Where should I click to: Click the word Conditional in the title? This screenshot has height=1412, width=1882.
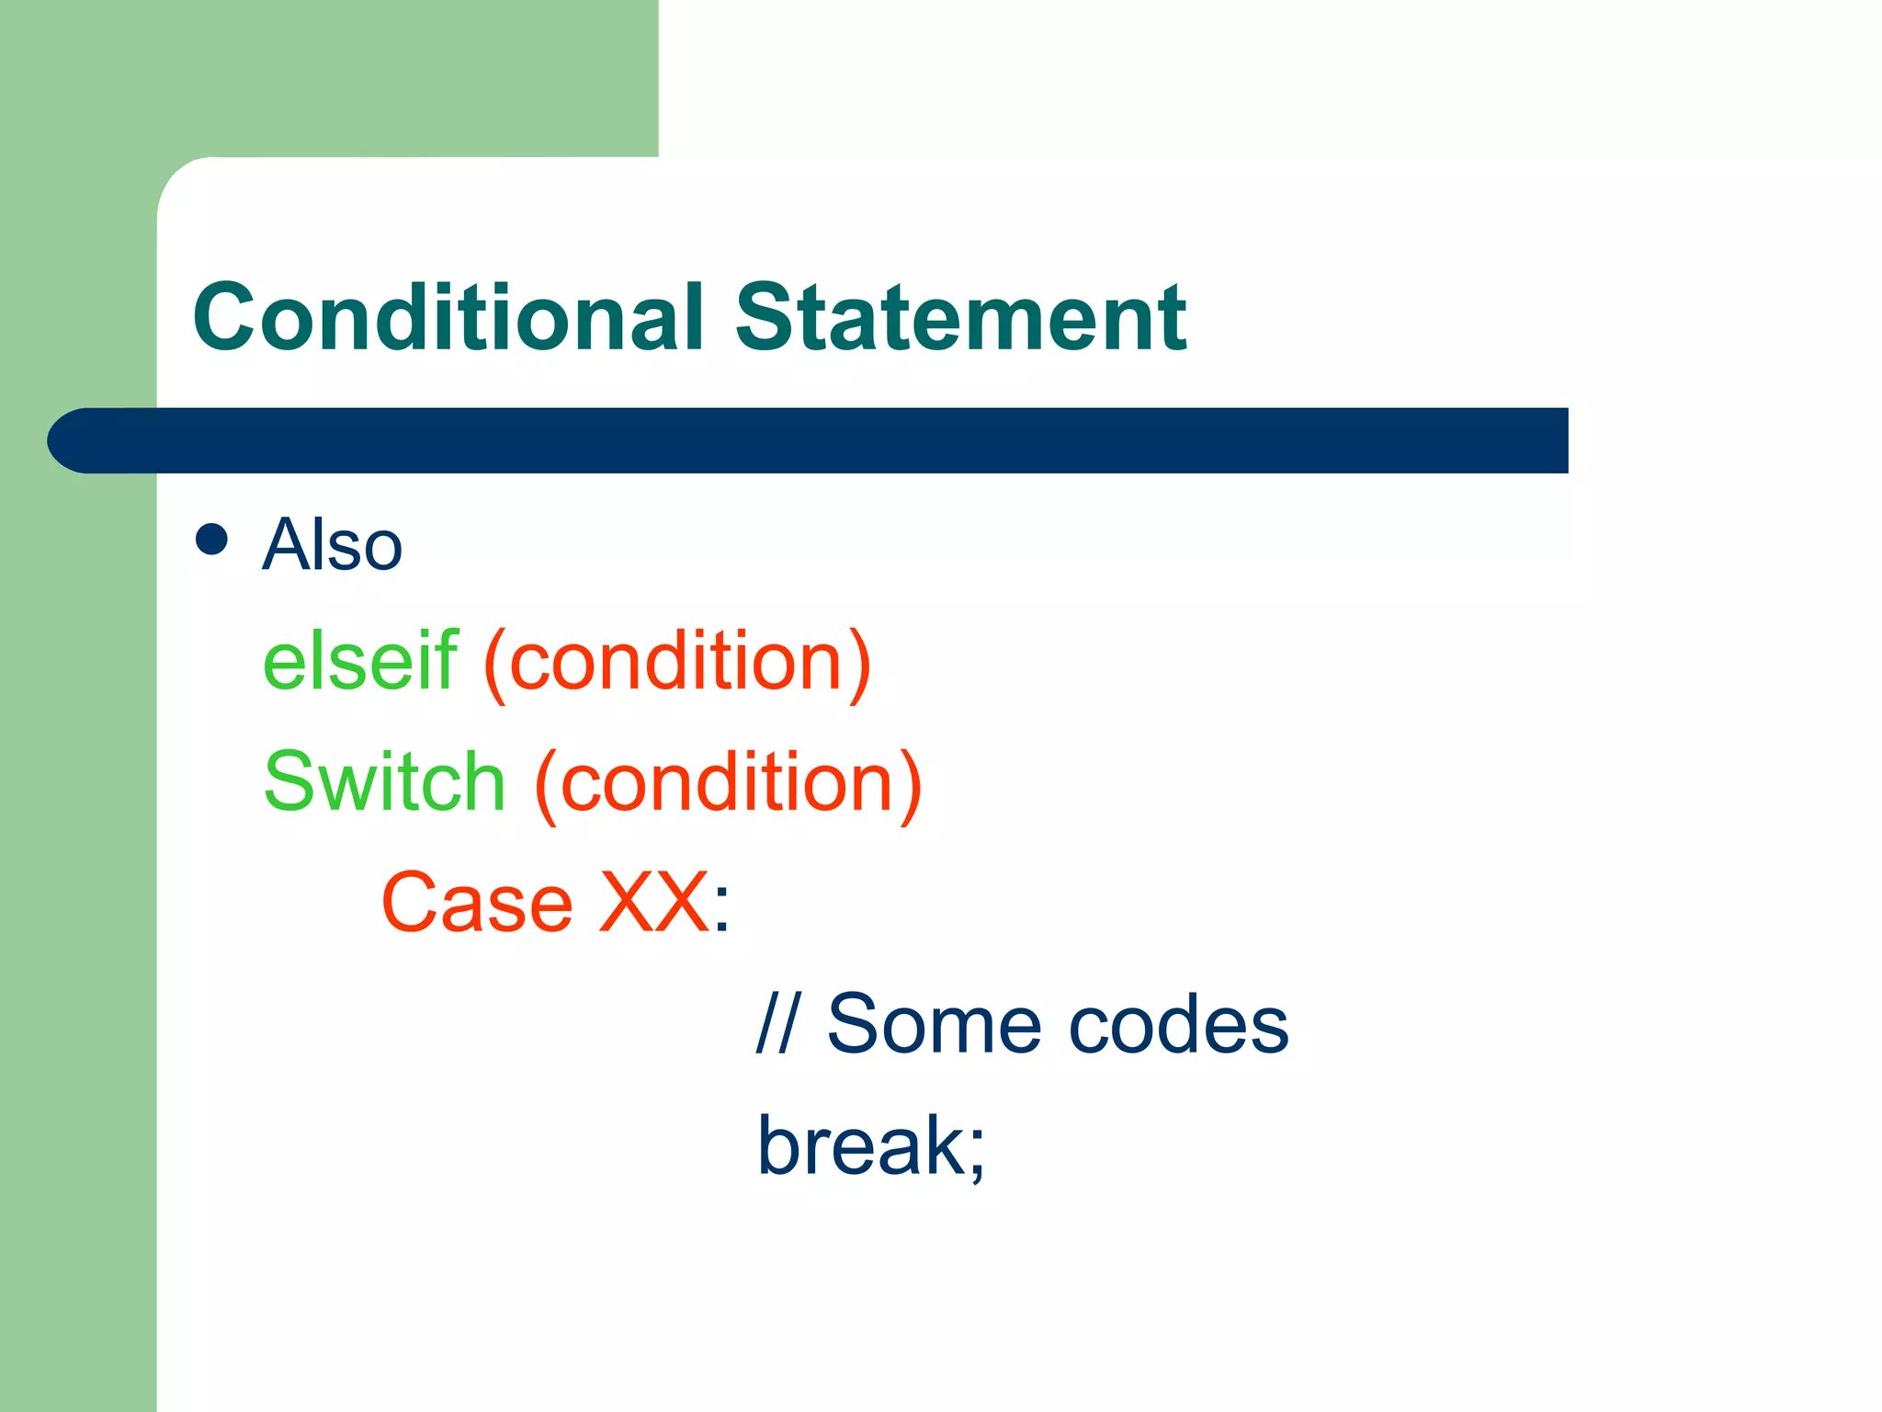coord(448,317)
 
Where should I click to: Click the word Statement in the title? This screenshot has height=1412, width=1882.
coord(960,317)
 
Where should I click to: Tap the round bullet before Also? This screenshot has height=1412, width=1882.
coord(211,540)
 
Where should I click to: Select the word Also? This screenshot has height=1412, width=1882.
coord(333,544)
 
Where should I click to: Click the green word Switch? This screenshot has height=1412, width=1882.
coord(384,781)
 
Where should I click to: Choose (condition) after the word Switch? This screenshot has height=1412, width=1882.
coord(728,783)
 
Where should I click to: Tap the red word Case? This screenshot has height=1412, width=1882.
coord(477,903)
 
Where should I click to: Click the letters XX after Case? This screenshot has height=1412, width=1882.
coord(653,903)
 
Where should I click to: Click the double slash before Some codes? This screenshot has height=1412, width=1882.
coord(777,1024)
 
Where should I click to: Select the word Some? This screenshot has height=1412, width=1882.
coord(934,1024)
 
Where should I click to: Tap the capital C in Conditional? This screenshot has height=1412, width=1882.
coord(227,317)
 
